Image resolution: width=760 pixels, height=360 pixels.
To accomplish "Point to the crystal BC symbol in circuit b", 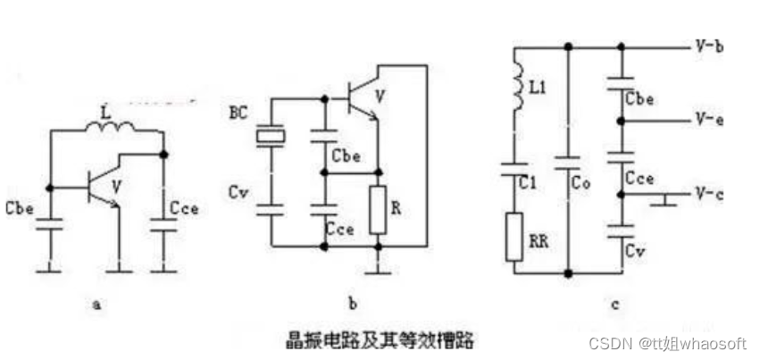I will pyautogui.click(x=269, y=136).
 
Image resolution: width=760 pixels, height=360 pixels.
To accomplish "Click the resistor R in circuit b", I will pyautogui.click(x=380, y=211).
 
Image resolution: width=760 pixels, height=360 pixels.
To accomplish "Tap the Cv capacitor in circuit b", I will pyautogui.click(x=269, y=209).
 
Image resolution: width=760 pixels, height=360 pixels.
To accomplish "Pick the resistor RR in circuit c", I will pyautogui.click(x=514, y=236).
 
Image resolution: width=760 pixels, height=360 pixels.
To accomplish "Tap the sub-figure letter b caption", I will pyautogui.click(x=354, y=306).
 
